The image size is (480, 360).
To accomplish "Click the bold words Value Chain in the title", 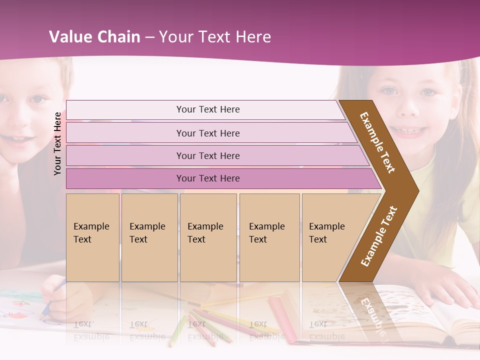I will pos(94,37).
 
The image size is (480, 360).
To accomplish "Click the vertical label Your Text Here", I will pos(57,143).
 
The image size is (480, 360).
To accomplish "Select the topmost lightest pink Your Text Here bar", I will pos(207,109).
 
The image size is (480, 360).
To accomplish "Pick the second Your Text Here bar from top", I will pos(207,133).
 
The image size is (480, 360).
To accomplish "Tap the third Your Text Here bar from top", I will pos(207,155).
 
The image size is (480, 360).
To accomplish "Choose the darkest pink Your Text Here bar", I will pos(207,178).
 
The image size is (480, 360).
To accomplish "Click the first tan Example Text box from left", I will pos(92,237).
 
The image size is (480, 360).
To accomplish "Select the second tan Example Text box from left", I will pos(149,237).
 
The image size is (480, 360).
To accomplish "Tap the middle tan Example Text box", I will pos(208,237).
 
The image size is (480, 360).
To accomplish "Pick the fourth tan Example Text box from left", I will pos(269,237).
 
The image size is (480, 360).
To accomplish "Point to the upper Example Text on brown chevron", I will pos(377,142).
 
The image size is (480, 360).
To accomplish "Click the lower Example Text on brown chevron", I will pos(379,236).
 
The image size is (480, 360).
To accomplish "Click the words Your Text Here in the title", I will pos(215,37).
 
